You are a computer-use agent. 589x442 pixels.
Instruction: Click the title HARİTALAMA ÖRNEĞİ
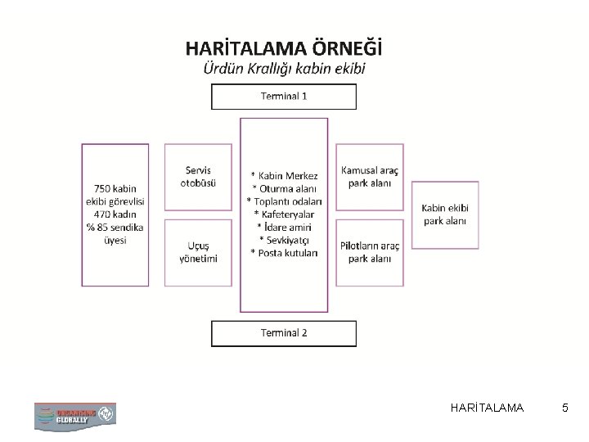(x=284, y=47)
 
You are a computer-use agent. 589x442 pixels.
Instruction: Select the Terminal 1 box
(x=284, y=97)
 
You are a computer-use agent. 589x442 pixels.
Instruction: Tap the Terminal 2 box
(x=284, y=332)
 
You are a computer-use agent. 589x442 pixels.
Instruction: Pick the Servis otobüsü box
(x=198, y=177)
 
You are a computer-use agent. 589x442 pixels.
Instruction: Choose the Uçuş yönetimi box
(x=198, y=252)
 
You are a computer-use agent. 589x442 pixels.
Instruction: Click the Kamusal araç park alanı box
(x=369, y=177)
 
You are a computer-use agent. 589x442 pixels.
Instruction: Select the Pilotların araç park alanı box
(x=369, y=252)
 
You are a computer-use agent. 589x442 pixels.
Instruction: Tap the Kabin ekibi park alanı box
(x=444, y=214)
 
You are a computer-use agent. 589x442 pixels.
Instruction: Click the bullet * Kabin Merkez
(x=284, y=175)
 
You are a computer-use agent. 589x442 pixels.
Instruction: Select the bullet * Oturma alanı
(x=284, y=188)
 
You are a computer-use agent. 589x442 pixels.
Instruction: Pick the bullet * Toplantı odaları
(x=284, y=201)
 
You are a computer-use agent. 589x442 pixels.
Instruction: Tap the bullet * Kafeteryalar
(x=284, y=214)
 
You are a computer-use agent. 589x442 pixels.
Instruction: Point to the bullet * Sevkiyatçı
(x=284, y=239)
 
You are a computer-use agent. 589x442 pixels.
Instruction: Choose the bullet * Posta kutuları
(x=284, y=252)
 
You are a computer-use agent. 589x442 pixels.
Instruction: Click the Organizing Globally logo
(x=74, y=415)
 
